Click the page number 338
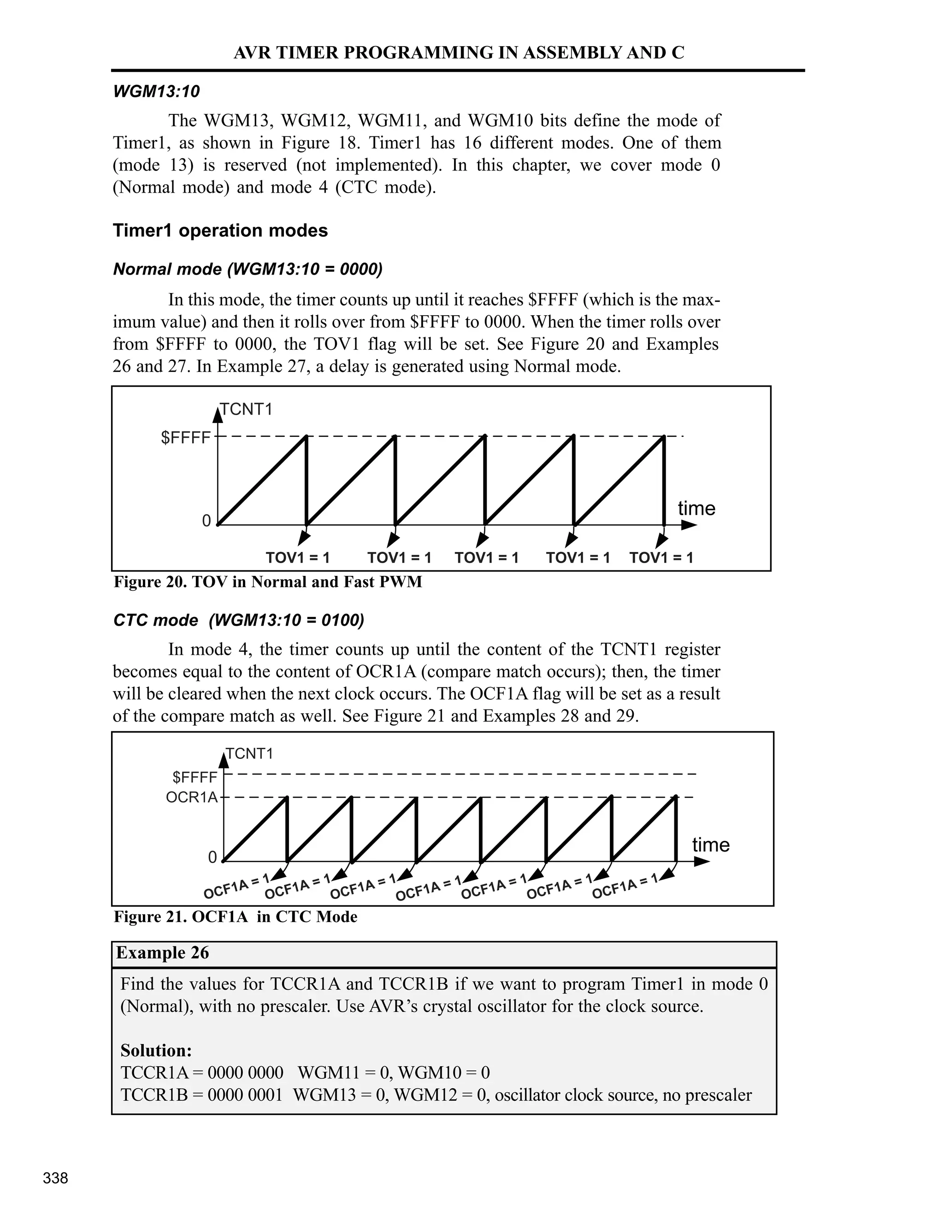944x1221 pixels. [55, 1178]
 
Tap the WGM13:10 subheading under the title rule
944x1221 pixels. [156, 92]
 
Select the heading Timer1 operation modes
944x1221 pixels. [220, 230]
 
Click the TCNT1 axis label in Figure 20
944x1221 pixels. [246, 409]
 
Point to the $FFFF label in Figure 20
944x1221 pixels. [186, 438]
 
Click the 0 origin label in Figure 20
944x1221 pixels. [206, 521]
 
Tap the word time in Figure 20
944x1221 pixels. [696, 508]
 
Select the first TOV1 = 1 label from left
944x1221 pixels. [297, 558]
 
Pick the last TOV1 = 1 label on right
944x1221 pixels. [661, 558]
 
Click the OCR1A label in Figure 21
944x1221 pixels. [192, 797]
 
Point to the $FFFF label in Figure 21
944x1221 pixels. [195, 777]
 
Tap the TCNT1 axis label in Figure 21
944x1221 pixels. [249, 754]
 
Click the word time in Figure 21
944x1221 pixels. [711, 844]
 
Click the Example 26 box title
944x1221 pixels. [162, 953]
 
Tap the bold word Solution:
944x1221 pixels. [156, 1051]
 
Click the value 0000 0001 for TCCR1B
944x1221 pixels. [245, 1095]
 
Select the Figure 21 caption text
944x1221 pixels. [236, 917]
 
